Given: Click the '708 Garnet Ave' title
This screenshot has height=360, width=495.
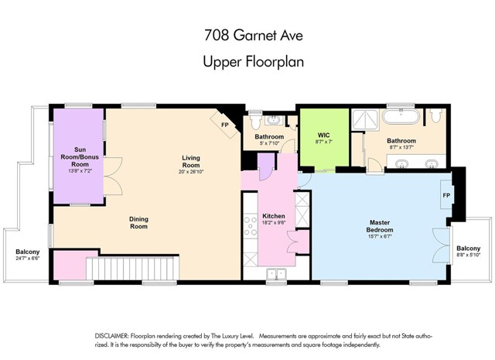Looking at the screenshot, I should click(x=247, y=35).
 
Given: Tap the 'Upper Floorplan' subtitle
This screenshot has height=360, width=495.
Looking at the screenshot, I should click(x=247, y=60).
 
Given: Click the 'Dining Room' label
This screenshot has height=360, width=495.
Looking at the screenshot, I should click(x=138, y=223).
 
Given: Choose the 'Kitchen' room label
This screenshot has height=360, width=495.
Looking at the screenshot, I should click(x=275, y=215).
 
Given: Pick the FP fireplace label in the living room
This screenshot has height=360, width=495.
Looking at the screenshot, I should click(x=224, y=125).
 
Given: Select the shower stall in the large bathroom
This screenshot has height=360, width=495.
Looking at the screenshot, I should click(x=362, y=120).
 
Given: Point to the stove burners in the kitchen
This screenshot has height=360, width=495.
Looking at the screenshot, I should click(x=251, y=226).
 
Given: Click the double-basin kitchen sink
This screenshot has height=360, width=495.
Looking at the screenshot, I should click(x=276, y=273).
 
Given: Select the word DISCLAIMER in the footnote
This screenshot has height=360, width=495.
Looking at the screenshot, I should click(x=114, y=334).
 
